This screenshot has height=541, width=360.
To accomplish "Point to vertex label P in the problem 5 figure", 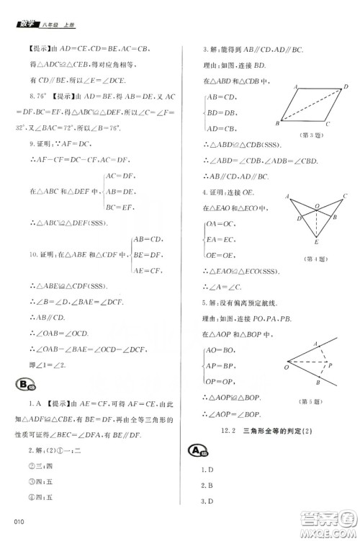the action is [x=330, y=367].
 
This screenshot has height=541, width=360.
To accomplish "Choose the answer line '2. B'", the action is [x=206, y=485].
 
